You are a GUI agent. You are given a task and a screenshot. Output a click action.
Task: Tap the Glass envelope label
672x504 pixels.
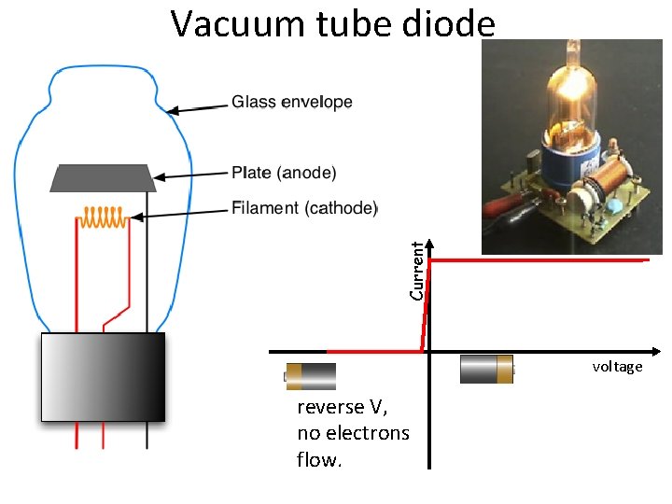pyautogui.click(x=291, y=102)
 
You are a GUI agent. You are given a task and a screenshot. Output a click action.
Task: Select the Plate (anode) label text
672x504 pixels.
pyautogui.click(x=284, y=173)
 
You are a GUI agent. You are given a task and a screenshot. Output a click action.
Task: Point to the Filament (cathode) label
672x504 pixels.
pyautogui.click(x=304, y=208)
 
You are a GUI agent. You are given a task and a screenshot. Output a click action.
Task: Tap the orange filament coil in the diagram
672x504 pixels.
pyautogui.click(x=104, y=217)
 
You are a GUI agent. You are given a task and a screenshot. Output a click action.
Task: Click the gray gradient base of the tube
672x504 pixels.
pyautogui.click(x=103, y=376)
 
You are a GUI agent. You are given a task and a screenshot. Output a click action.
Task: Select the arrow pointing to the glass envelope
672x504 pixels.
pyautogui.click(x=198, y=107)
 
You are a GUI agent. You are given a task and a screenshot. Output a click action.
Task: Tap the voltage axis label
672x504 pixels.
pyautogui.click(x=617, y=367)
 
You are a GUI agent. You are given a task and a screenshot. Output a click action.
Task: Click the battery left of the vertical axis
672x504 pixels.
pyautogui.click(x=310, y=376)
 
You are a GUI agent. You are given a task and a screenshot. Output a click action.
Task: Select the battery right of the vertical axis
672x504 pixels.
pyautogui.click(x=486, y=370)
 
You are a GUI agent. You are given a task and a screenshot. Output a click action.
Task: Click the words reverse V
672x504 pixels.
pyautogui.click(x=342, y=407)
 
